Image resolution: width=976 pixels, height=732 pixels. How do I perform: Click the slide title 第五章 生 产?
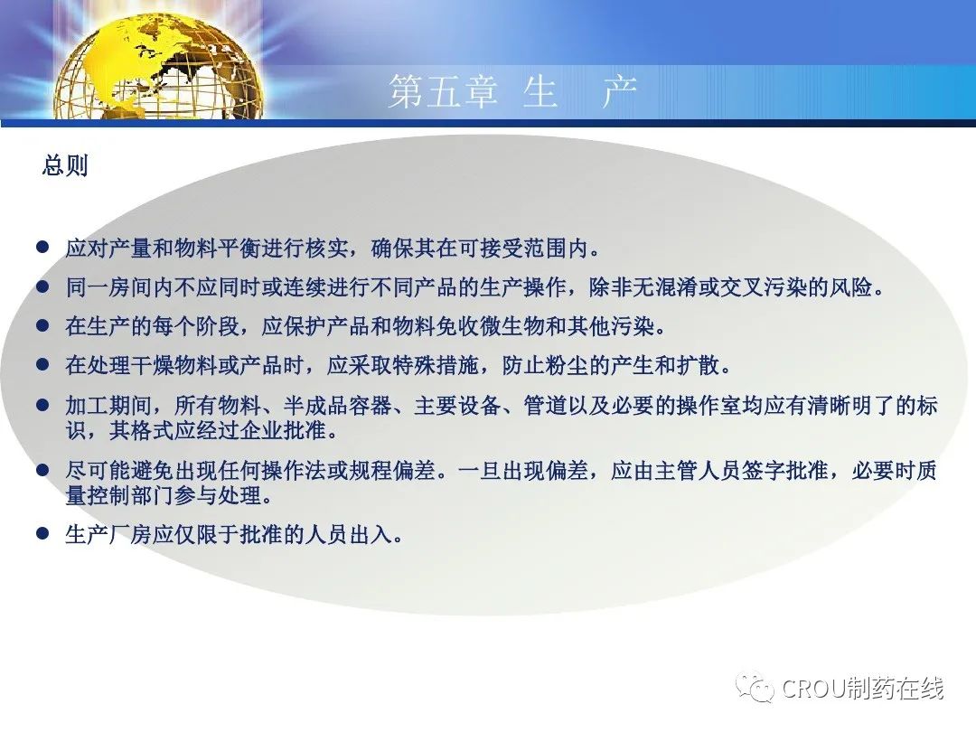point(512,92)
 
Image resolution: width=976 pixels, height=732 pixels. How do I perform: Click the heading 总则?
point(65,165)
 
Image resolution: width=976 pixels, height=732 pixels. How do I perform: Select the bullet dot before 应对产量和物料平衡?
point(42,247)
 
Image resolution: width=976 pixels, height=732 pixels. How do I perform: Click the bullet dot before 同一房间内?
point(42,286)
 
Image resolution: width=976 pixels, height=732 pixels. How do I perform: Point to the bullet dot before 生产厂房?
point(42,533)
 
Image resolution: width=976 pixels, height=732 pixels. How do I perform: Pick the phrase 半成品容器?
point(338,405)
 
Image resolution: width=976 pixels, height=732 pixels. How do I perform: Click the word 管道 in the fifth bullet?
point(545,405)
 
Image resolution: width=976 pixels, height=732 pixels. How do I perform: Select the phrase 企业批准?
point(283,430)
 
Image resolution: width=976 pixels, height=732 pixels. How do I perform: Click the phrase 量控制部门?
point(119,495)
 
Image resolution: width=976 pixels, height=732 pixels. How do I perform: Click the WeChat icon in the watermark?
point(755,687)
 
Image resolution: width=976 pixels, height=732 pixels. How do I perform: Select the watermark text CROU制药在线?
point(862,689)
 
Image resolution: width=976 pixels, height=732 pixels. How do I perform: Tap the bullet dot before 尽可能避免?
point(42,469)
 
